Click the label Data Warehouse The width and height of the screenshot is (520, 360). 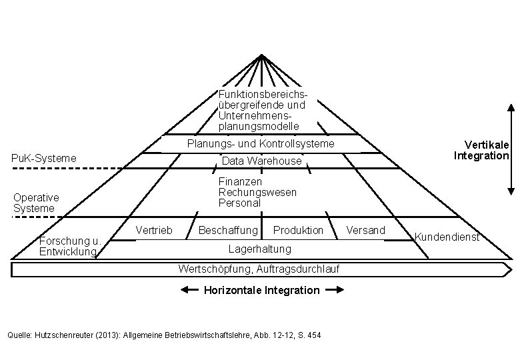261,161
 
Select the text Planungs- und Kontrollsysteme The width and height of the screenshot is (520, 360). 261,144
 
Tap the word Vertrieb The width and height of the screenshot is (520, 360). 154,230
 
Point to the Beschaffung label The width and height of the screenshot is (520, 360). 229,230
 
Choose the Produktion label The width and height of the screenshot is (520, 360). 298,230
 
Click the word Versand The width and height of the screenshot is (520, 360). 366,230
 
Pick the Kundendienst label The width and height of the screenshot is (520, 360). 447,237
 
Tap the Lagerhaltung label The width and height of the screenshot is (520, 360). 260,249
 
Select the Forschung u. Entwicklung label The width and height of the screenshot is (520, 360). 69,246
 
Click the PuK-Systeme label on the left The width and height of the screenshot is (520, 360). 45,159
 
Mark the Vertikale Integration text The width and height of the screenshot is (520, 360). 482,150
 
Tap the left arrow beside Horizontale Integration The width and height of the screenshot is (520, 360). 190,290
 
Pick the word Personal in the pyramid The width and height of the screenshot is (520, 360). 239,203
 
